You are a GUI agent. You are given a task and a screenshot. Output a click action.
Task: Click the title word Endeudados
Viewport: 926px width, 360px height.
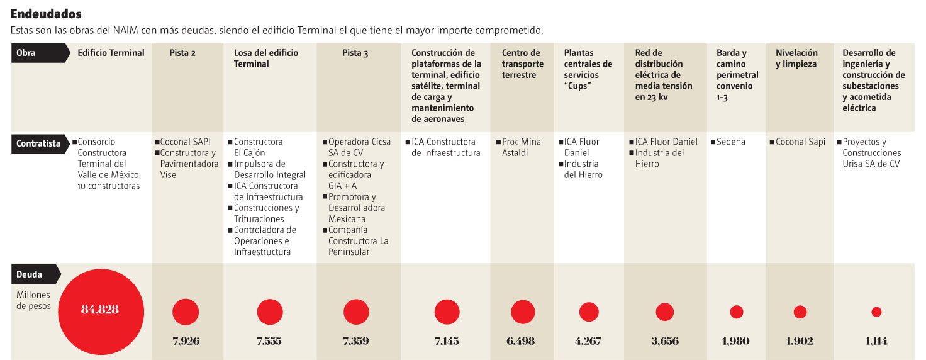pyautogui.click(x=46, y=14)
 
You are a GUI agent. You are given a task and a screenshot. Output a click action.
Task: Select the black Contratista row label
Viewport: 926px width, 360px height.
pyautogui.click(x=40, y=143)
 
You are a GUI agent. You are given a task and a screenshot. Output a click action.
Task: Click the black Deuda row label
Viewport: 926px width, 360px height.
pyautogui.click(x=36, y=274)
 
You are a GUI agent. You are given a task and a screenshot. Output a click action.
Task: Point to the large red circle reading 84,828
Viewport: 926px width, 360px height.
pyautogui.click(x=101, y=312)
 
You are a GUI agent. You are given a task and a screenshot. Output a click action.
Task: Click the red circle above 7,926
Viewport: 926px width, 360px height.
pyautogui.click(x=186, y=312)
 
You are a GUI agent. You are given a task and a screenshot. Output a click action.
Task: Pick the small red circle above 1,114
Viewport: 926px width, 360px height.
pyautogui.click(x=876, y=312)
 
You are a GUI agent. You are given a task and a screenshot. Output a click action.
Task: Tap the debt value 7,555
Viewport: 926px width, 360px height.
pyautogui.click(x=269, y=341)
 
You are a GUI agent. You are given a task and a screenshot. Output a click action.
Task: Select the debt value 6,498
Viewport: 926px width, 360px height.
pyautogui.click(x=520, y=341)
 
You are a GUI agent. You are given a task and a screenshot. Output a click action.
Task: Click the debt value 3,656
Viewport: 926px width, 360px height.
pyautogui.click(x=665, y=341)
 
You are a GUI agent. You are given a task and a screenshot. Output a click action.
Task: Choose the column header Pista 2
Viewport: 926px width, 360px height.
pyautogui.click(x=182, y=53)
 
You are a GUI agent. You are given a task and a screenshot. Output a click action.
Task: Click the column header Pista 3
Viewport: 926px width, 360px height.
pyautogui.click(x=355, y=53)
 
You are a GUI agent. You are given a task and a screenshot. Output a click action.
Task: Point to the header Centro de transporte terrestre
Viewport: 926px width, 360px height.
pyautogui.click(x=523, y=64)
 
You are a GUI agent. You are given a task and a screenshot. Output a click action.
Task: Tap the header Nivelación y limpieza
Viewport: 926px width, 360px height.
pyautogui.click(x=796, y=59)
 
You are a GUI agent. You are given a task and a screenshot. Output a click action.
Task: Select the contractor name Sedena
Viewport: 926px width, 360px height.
pyautogui.click(x=728, y=142)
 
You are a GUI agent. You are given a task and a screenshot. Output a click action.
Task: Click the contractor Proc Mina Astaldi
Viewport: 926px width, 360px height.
pyautogui.click(x=519, y=147)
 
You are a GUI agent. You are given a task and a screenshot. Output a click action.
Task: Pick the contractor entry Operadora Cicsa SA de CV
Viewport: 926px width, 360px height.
pyautogui.click(x=357, y=147)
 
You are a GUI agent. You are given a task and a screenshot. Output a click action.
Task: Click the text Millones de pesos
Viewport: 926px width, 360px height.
pyautogui.click(x=33, y=300)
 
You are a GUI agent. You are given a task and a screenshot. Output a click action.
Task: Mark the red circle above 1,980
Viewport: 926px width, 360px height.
pyautogui.click(x=736, y=312)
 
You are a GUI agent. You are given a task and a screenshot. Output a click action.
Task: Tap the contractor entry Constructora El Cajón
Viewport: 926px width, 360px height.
pyautogui.click(x=255, y=147)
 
